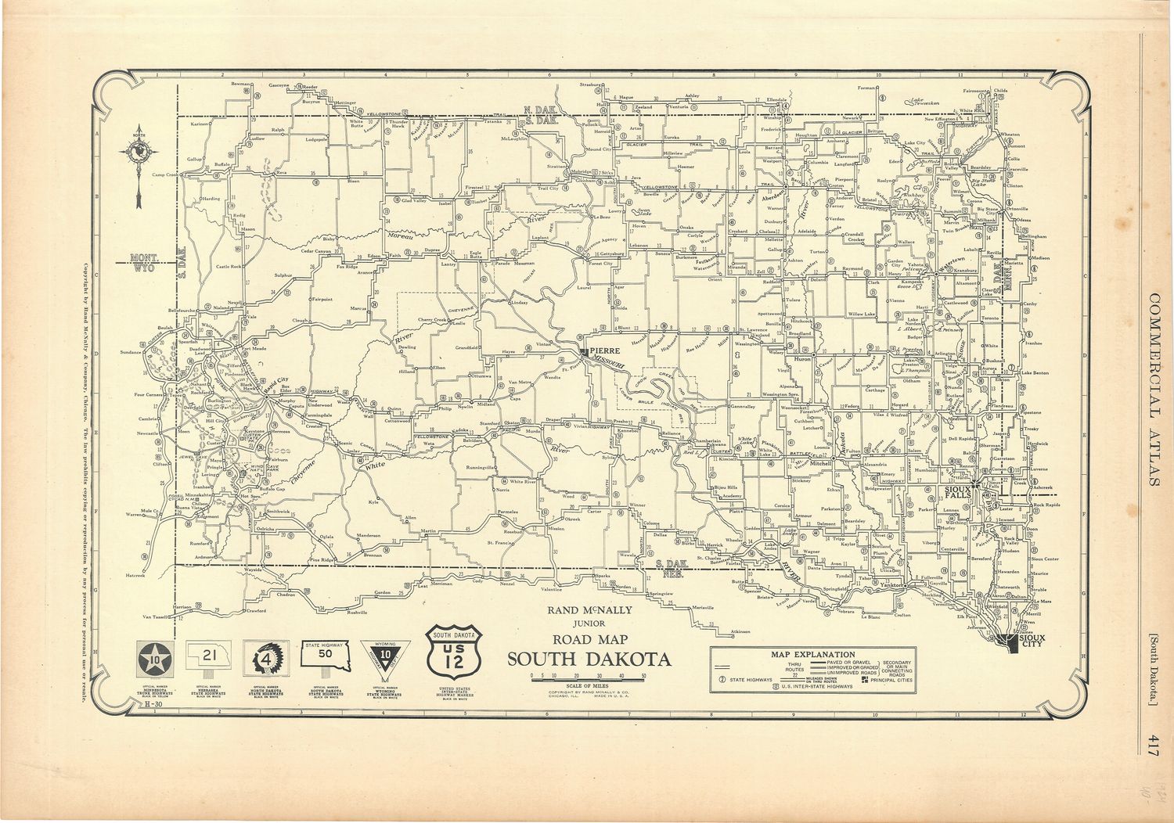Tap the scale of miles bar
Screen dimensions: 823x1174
coord(588,681)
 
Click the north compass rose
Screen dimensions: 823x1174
coord(138,153)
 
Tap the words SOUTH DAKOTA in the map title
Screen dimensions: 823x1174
coord(589,659)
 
